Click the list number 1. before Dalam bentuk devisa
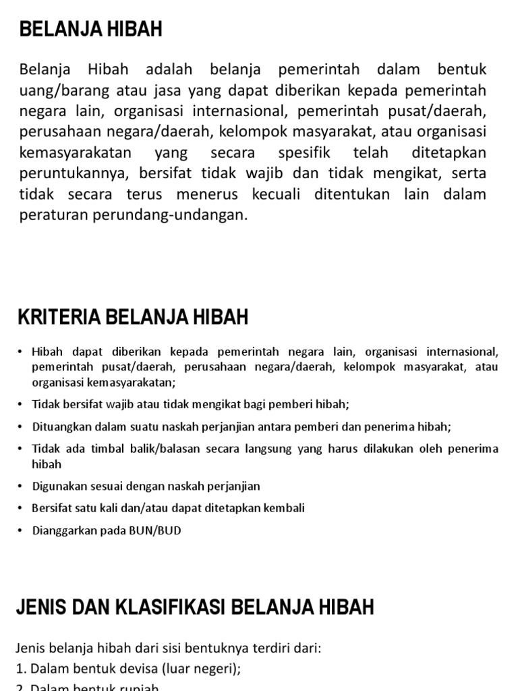pos(21,669)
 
